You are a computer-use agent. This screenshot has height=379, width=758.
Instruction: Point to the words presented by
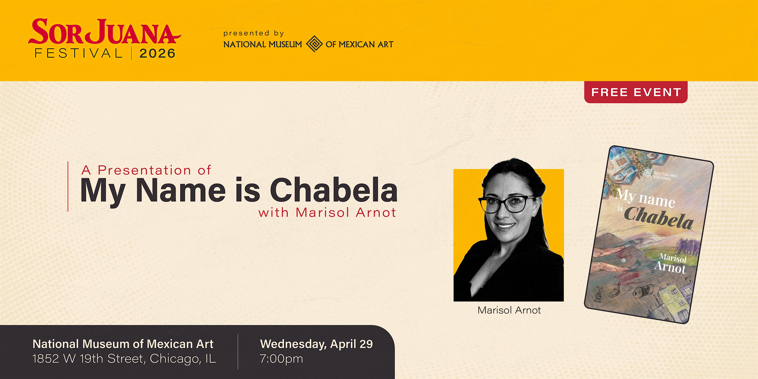254,33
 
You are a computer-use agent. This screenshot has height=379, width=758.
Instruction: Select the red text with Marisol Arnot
327,212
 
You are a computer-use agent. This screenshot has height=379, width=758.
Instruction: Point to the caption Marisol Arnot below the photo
509,310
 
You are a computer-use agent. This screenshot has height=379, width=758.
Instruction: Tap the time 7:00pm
281,359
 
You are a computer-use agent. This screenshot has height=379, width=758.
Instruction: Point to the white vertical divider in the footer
238,352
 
